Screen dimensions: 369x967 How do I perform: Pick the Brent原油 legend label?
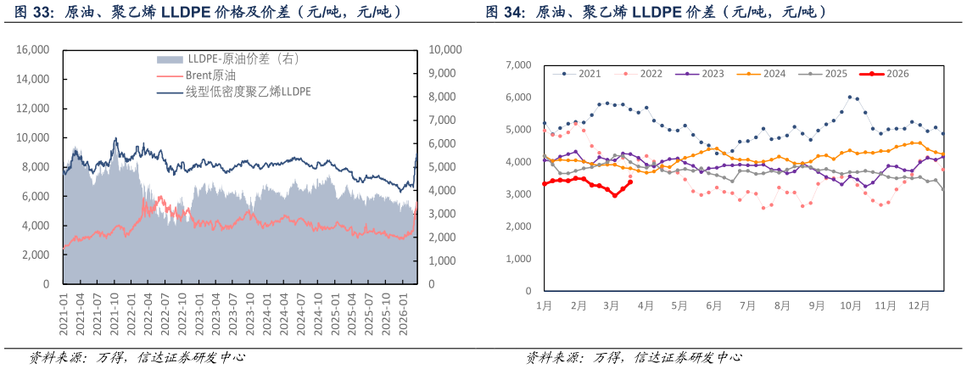[210, 75]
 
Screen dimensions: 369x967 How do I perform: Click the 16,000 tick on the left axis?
[34, 50]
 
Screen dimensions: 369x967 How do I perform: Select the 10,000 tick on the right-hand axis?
[445, 50]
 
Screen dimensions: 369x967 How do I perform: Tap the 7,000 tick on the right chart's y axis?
[517, 64]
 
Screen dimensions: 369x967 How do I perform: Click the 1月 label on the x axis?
[545, 305]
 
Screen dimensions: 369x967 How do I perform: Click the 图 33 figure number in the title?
[35, 13]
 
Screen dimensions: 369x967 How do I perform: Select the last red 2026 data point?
[629, 182]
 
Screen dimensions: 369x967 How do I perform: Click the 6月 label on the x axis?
[713, 305]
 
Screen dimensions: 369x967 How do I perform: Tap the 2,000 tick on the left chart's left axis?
[36, 255]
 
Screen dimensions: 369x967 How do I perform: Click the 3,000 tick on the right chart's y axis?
[517, 194]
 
